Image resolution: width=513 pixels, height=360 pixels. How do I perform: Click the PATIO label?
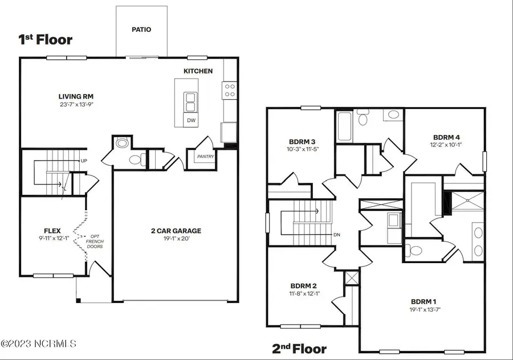(141, 30)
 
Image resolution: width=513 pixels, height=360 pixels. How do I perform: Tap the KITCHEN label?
(198, 71)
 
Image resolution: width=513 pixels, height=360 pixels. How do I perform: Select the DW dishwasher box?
(191, 120)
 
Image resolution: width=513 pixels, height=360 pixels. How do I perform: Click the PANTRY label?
(205, 157)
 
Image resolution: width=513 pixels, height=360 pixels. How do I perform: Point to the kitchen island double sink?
(190, 103)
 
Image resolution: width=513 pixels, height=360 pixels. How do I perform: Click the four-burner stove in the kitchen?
(230, 90)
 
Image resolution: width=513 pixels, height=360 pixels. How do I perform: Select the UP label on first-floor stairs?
(84, 161)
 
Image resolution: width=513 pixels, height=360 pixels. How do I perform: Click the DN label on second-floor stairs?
(337, 235)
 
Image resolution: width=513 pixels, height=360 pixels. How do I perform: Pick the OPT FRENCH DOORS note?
(95, 242)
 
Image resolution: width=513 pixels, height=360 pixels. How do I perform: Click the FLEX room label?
(52, 231)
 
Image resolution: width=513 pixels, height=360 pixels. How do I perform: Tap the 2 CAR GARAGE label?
(176, 231)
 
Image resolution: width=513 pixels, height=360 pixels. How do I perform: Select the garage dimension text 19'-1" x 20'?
(176, 239)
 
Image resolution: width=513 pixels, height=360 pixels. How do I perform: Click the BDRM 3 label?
(302, 142)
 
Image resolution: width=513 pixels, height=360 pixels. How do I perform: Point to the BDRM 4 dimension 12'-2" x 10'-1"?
(446, 145)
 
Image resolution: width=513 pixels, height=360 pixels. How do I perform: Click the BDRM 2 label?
(304, 286)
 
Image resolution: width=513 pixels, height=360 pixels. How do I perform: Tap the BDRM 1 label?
(424, 302)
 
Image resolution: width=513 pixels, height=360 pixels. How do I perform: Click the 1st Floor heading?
(46, 39)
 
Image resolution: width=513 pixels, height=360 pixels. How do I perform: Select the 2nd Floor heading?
(299, 349)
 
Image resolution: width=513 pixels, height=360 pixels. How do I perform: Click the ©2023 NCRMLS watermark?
(39, 343)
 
